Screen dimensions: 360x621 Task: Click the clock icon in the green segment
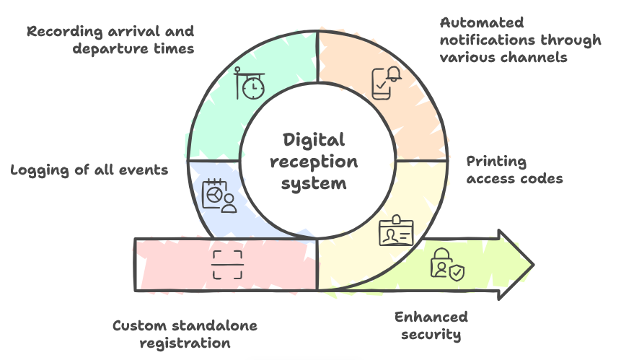point(249,84)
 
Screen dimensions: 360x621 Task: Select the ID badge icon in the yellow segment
point(396,232)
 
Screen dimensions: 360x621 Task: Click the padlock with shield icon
point(447,264)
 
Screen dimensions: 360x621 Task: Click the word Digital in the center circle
point(314,140)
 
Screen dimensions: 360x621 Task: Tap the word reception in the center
point(314,162)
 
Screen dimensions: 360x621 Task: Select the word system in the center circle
point(314,183)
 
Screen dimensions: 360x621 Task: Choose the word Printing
point(496,162)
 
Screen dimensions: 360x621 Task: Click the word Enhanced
point(431,317)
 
